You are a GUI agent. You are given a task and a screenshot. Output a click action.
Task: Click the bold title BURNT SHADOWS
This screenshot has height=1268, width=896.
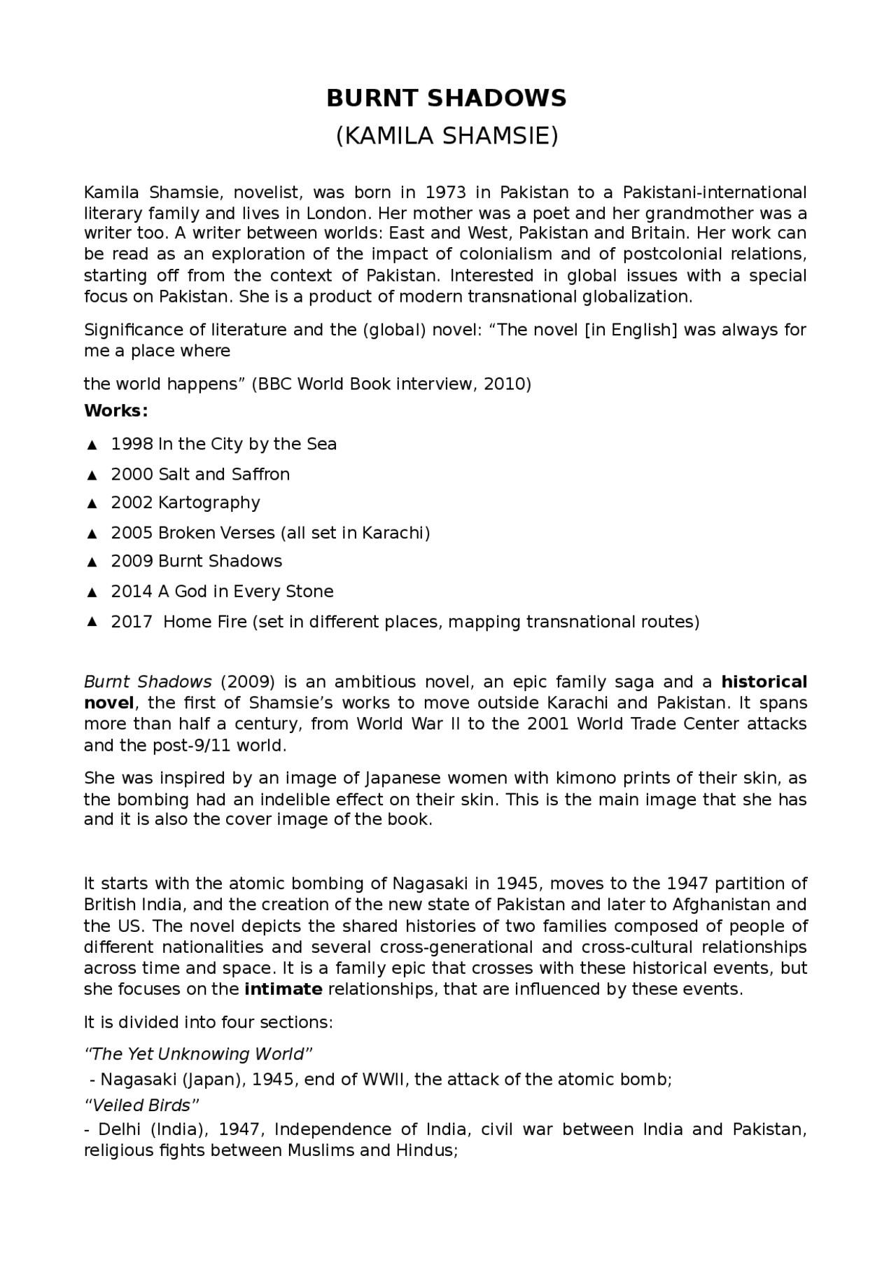point(447,99)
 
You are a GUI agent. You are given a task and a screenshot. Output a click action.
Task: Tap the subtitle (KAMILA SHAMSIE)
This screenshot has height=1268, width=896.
point(447,136)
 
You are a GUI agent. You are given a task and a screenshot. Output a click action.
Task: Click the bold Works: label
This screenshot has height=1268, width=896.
point(115,411)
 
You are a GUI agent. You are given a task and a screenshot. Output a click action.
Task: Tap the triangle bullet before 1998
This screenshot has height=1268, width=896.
point(91,445)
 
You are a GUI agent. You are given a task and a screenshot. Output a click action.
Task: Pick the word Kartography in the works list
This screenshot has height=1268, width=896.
point(209,503)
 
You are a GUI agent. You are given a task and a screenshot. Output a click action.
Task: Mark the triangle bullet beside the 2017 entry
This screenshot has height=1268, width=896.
point(91,622)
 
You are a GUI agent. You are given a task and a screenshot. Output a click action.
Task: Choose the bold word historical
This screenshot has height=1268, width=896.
point(764,682)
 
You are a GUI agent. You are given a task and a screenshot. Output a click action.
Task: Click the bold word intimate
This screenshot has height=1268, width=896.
point(283,989)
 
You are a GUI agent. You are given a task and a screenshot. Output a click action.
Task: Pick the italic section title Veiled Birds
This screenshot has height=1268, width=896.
point(142,1106)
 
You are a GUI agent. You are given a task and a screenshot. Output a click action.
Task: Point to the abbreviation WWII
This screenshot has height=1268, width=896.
point(384,1080)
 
